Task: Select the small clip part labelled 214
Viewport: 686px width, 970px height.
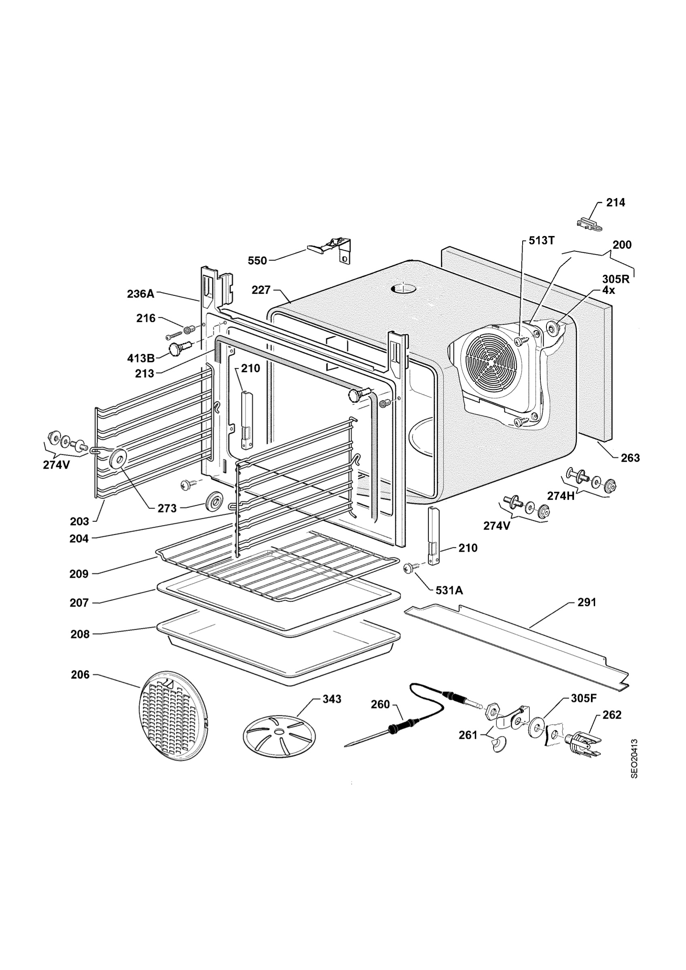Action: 590,223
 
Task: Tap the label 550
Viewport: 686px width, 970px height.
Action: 257,261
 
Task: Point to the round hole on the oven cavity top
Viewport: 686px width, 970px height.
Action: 403,289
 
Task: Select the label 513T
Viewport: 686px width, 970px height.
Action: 542,240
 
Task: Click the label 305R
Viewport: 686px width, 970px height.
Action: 616,279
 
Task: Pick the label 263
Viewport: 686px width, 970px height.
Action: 630,458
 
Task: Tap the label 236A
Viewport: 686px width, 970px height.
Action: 141,293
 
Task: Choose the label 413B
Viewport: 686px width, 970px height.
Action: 141,358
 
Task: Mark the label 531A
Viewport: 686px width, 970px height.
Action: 449,590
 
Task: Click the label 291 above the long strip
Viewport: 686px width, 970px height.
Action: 586,603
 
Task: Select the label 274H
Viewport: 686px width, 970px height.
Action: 561,496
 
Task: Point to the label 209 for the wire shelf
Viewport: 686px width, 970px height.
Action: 79,574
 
